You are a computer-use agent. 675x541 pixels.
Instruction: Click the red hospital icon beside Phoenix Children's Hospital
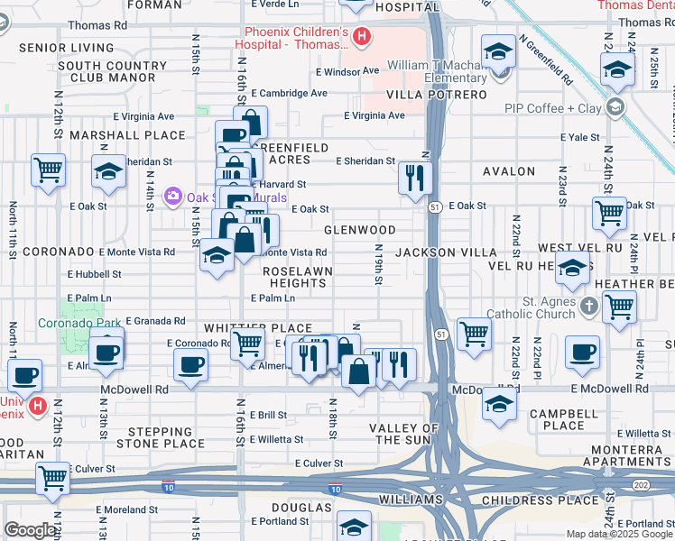(x=361, y=37)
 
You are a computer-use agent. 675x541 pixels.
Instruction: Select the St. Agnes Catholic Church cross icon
(x=588, y=305)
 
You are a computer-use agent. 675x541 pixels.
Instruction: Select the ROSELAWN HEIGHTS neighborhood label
(x=297, y=277)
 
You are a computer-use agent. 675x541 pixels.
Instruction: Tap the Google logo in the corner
(x=30, y=530)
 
